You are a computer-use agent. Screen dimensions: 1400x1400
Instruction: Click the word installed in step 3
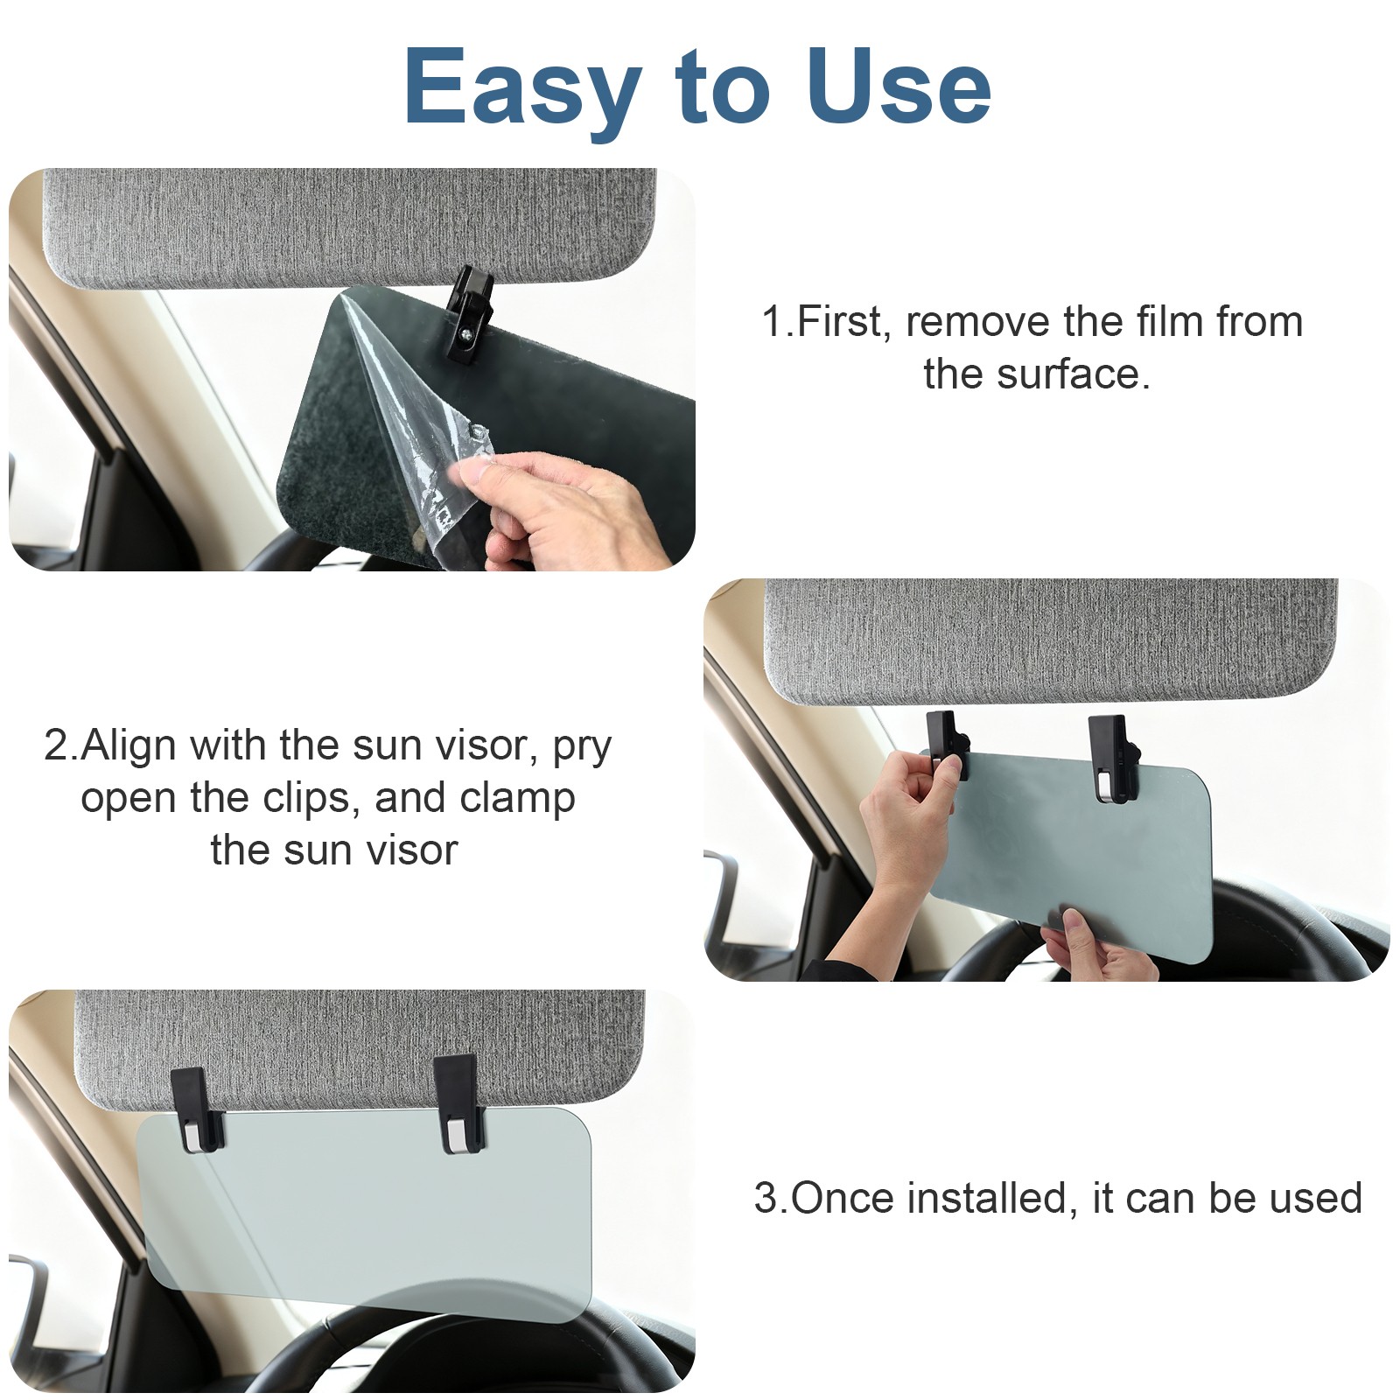(x=987, y=1198)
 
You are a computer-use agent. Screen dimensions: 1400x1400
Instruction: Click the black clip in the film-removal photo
(x=469, y=316)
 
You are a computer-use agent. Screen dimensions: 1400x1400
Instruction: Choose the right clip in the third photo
(x=457, y=1103)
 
